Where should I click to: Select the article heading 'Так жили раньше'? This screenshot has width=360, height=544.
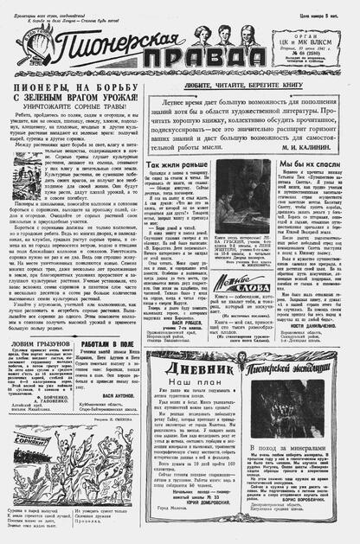(177, 163)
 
